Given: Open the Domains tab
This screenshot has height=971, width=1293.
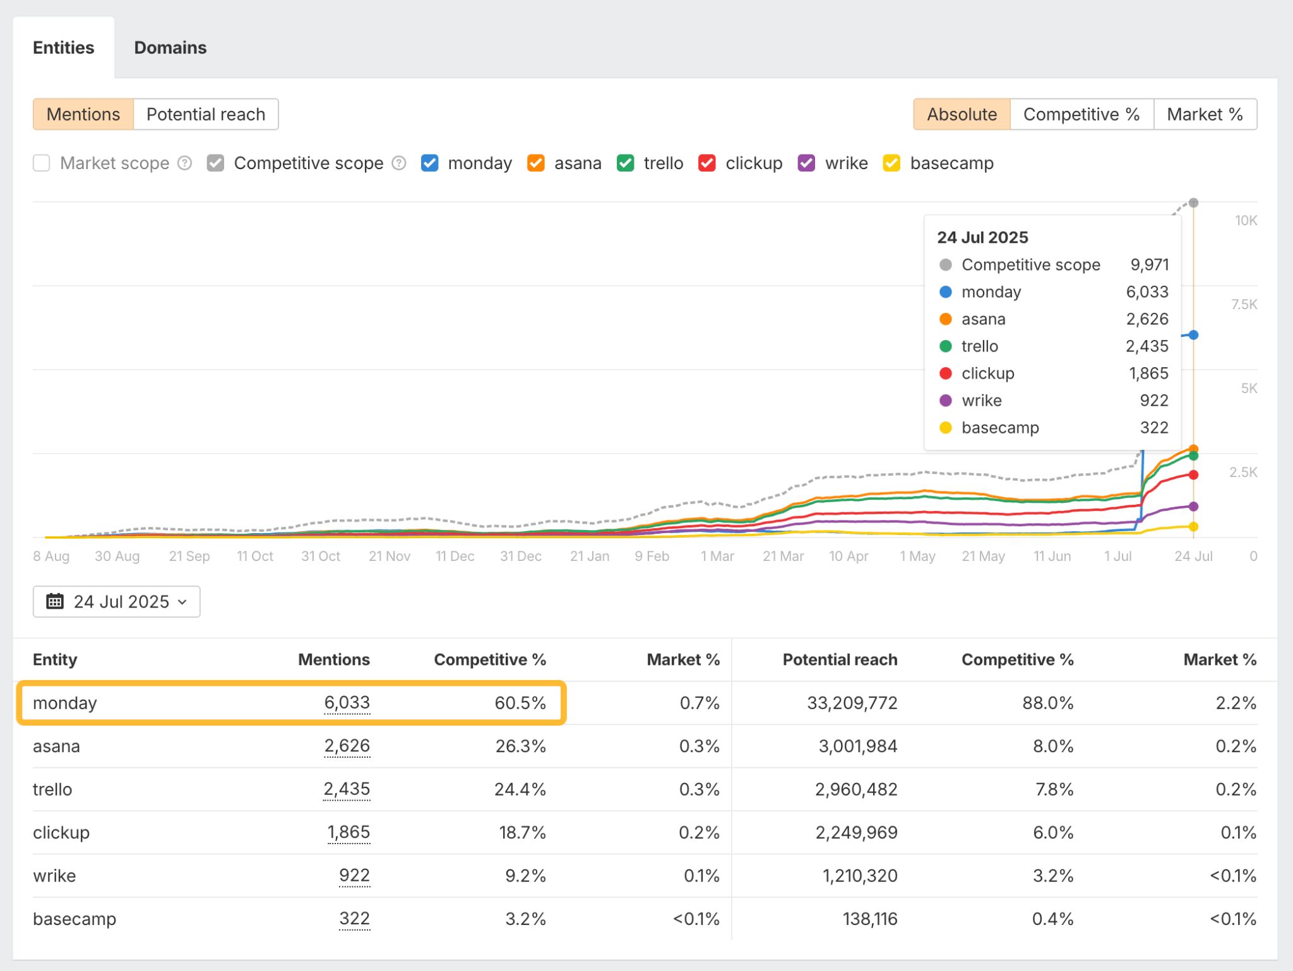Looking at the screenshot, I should [x=170, y=48].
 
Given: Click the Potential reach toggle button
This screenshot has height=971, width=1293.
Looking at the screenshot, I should [x=205, y=114].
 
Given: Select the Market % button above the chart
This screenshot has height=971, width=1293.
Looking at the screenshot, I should [x=1204, y=114].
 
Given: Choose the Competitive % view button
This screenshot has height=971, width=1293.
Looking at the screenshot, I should [x=1081, y=114].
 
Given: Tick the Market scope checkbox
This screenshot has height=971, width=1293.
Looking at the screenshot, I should [x=42, y=163].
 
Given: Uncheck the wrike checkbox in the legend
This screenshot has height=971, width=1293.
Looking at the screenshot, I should [x=806, y=163].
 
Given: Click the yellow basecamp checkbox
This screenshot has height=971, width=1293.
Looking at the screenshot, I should [x=891, y=163].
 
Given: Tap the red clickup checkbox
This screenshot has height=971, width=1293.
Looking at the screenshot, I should [x=707, y=163].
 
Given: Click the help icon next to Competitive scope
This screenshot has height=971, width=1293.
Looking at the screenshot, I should [x=399, y=163].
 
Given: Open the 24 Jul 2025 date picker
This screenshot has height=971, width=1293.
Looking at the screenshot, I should [x=117, y=601].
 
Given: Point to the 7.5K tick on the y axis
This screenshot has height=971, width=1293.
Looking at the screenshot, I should [x=1243, y=305].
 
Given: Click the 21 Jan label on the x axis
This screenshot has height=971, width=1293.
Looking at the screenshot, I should [x=589, y=556].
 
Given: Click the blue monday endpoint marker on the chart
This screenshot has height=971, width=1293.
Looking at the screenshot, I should [x=1193, y=335].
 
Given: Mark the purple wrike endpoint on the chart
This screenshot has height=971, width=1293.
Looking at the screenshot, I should [x=1193, y=507].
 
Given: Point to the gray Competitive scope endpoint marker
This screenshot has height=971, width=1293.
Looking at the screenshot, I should [x=1193, y=203].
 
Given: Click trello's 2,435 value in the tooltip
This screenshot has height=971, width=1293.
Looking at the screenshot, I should [x=1147, y=346].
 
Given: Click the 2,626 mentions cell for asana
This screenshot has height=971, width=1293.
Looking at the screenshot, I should [x=347, y=746].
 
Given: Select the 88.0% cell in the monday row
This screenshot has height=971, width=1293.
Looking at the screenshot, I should [x=1047, y=703].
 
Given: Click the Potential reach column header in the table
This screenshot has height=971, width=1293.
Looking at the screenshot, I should [x=839, y=660].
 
